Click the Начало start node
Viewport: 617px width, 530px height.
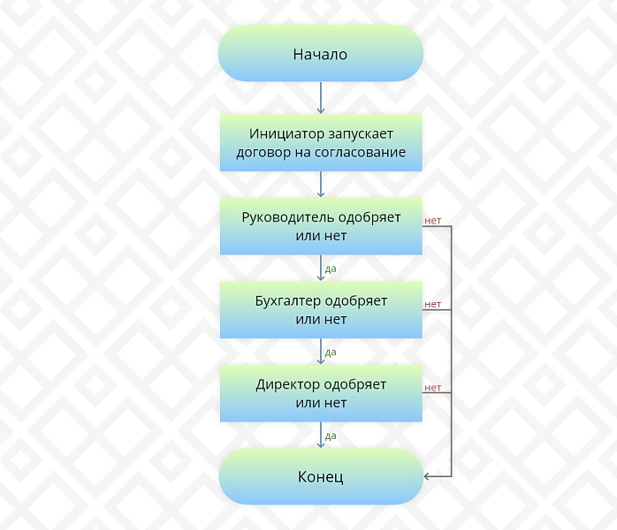[321, 54]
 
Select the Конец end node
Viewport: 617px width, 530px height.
[321, 476]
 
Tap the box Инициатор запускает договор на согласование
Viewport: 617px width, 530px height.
[321, 143]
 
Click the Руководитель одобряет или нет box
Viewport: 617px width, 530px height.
[321, 226]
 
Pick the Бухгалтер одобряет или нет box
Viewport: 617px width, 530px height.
[321, 310]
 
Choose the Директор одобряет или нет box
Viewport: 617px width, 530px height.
[321, 394]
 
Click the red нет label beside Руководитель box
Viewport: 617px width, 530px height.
[432, 221]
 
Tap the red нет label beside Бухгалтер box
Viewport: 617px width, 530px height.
[432, 305]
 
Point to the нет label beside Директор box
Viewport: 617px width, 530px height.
[432, 388]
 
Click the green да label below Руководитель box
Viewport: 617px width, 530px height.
[331, 269]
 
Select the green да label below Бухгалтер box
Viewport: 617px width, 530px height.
[331, 352]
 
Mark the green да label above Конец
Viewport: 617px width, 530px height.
[331, 436]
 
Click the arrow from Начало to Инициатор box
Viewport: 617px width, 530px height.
[321, 98]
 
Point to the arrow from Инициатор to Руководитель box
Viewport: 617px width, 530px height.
[321, 185]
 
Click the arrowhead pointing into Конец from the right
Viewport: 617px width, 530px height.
[426, 476]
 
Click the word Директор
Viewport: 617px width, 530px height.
[284, 384]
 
